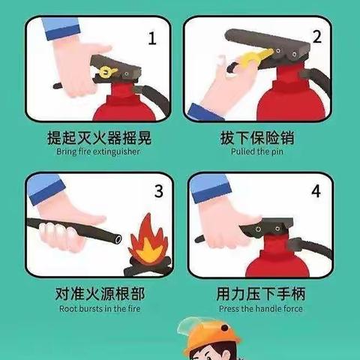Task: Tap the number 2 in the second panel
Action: tap(316, 36)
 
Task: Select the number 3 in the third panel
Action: tap(157, 191)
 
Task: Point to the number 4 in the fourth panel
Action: tap(316, 192)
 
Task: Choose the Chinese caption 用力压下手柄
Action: tap(261, 293)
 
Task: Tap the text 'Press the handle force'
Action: tap(261, 308)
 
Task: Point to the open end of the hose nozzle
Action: tap(118, 238)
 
